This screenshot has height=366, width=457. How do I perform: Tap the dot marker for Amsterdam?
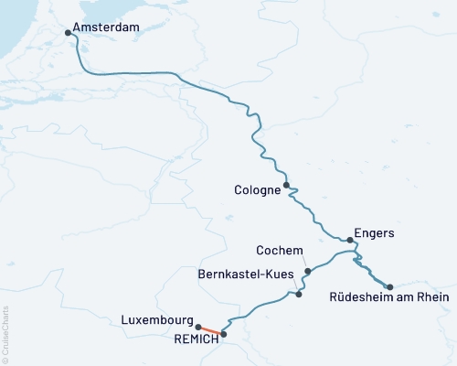click(x=69, y=34)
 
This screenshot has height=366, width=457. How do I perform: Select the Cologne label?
click(x=257, y=190)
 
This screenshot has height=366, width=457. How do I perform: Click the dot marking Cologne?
click(x=286, y=185)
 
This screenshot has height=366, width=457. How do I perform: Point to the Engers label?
click(x=376, y=233)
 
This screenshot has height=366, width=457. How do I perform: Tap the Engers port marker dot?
click(x=350, y=240)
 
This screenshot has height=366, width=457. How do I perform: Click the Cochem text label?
click(x=279, y=250)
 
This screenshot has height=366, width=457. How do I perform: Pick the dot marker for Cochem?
click(x=308, y=271)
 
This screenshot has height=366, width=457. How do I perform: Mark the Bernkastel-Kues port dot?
click(x=299, y=294)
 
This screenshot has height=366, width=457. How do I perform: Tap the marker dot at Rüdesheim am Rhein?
click(x=390, y=286)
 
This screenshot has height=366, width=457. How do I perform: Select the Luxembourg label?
click(x=155, y=321)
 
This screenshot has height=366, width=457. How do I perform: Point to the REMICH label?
click(x=196, y=339)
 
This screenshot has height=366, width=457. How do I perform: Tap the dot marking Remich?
click(x=223, y=334)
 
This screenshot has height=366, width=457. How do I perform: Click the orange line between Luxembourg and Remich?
click(x=211, y=330)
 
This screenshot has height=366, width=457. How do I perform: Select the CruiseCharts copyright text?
click(x=5, y=334)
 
